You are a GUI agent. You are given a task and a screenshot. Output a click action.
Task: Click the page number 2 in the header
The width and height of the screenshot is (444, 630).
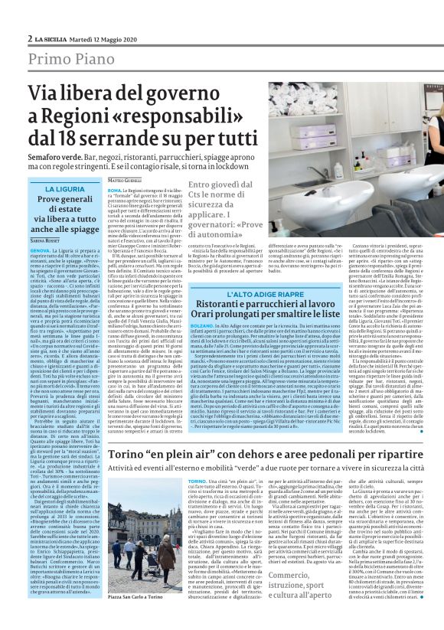[30, 38]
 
